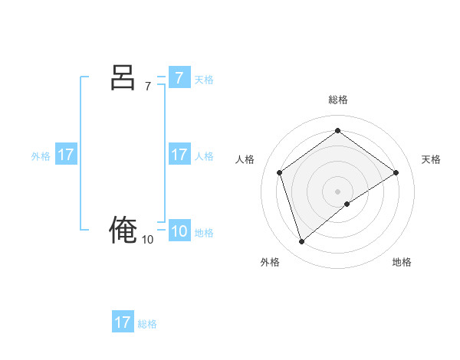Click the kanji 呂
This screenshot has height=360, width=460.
(x=123, y=77)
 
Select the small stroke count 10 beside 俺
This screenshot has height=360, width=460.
(x=147, y=240)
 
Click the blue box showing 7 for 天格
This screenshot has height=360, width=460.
(x=179, y=77)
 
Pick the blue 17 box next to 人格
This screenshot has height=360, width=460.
(x=179, y=155)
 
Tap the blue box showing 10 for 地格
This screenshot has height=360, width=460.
(x=179, y=231)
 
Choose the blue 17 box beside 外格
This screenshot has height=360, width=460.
(x=65, y=155)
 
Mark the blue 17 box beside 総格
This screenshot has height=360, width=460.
(x=123, y=322)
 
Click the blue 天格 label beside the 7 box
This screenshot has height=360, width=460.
(x=204, y=80)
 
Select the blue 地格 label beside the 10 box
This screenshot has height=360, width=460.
(x=204, y=233)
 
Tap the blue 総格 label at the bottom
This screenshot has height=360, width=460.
(x=147, y=324)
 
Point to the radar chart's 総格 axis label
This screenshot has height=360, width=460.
(x=337, y=100)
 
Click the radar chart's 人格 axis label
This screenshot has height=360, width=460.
(x=245, y=159)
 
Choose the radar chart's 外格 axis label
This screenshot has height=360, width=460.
(x=270, y=262)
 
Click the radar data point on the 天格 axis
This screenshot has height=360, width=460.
(x=396, y=172)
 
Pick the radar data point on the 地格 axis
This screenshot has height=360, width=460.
(x=347, y=204)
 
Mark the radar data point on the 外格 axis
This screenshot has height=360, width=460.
(x=301, y=242)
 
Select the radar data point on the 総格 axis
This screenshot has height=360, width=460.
(x=337, y=131)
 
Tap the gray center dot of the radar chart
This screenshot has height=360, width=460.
(x=337, y=191)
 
